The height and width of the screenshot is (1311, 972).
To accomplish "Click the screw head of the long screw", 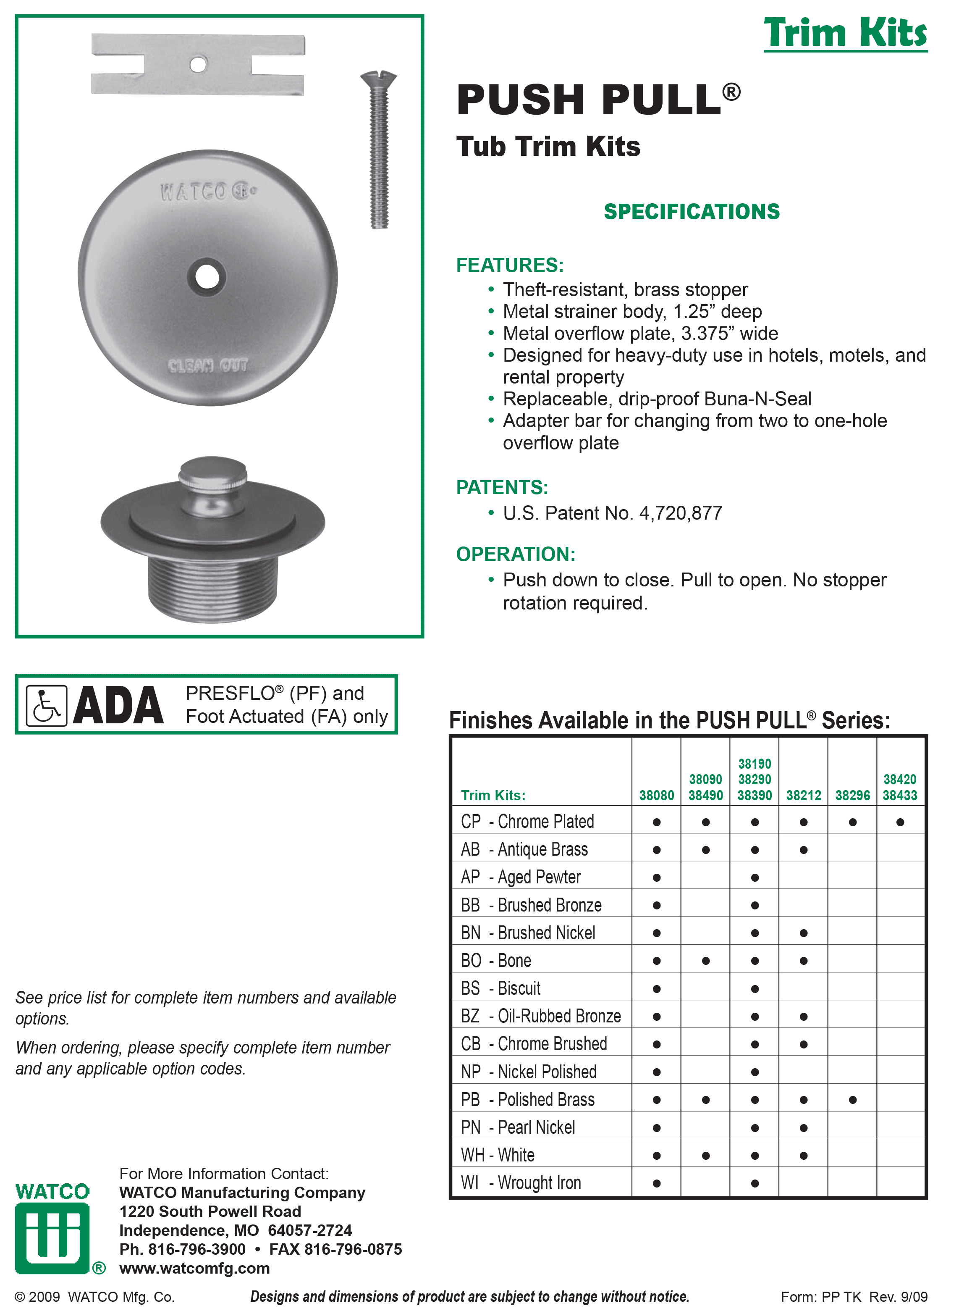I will pyautogui.click(x=378, y=77).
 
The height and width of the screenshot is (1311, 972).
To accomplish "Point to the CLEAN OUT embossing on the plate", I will pyautogui.click(x=208, y=365).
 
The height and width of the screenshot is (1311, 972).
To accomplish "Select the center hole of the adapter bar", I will pyautogui.click(x=198, y=63).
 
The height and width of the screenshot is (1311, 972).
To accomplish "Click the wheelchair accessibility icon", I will pyautogui.click(x=47, y=705).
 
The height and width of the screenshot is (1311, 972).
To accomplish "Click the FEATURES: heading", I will pyautogui.click(x=510, y=265).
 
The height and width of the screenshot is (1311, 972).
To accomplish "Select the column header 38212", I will pyautogui.click(x=803, y=795).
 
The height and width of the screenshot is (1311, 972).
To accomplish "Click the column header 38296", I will pyautogui.click(x=852, y=795).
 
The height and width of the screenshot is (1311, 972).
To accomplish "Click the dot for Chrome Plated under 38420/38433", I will pyautogui.click(x=900, y=822).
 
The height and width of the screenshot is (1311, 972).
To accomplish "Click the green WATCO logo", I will pyautogui.click(x=52, y=1229).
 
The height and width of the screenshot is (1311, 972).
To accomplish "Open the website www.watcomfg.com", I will pyautogui.click(x=194, y=1268).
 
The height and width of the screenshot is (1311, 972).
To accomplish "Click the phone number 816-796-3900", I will pyautogui.click(x=196, y=1249).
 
